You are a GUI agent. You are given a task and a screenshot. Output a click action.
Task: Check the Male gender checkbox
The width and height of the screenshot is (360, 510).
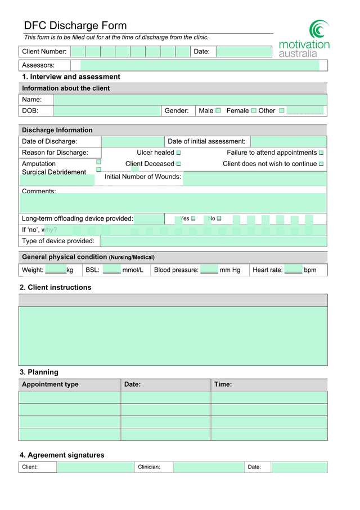[218, 110]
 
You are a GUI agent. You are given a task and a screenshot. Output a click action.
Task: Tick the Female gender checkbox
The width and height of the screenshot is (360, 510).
[254, 110]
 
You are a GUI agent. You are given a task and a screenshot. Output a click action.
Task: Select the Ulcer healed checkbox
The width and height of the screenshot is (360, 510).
[178, 153]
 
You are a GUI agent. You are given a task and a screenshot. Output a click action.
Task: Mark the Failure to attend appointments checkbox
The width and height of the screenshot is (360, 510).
[321, 153]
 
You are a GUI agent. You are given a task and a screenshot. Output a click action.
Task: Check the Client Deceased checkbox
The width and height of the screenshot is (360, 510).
[178, 164]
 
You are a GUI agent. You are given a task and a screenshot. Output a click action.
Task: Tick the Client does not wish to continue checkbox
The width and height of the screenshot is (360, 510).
[321, 164]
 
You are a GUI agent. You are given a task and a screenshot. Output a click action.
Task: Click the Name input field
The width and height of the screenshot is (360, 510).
[190, 100]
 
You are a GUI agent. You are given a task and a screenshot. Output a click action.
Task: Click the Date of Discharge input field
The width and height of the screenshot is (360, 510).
[132, 141]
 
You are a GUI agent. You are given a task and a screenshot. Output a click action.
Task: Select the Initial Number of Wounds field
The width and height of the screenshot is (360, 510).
[254, 178]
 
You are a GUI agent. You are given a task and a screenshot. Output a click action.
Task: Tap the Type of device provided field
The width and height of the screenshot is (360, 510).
[213, 241]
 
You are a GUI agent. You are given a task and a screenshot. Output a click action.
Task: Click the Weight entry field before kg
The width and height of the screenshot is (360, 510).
[56, 270]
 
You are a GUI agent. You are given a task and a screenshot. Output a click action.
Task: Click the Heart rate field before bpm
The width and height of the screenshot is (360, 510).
[293, 270]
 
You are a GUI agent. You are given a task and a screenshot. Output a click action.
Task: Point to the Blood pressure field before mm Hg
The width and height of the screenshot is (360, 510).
[209, 270]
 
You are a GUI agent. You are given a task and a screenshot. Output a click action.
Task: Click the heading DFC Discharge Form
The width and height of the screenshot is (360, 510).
[75, 25]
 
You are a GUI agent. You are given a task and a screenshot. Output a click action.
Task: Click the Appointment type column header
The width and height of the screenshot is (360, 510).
[50, 384]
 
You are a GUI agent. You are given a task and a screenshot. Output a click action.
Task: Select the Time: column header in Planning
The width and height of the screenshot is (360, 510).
[223, 384]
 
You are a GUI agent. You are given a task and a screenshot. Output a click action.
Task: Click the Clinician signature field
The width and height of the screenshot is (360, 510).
[208, 467]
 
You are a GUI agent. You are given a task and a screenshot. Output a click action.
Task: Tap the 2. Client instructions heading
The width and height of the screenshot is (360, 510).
[55, 287]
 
